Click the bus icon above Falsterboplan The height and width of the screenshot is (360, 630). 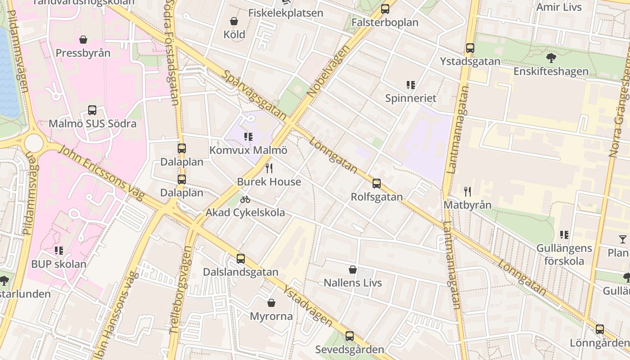(385, 9)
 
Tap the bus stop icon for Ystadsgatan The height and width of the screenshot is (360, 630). (470, 48)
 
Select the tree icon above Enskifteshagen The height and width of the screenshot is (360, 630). (551, 58)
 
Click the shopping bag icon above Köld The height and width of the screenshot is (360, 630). (234, 21)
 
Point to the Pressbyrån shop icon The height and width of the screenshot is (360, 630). (83, 40)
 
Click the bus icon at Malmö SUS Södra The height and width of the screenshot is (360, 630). (92, 110)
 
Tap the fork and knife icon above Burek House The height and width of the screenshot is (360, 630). (269, 168)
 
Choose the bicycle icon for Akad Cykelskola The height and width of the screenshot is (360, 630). (245, 199)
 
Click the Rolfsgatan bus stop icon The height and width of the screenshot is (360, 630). (377, 184)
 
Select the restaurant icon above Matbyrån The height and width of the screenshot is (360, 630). (468, 192)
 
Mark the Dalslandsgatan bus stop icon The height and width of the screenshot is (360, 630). (241, 259)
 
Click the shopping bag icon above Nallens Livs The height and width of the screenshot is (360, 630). (353, 270)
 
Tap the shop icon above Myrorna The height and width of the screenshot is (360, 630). (271, 303)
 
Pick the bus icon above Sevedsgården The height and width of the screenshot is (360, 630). (350, 336)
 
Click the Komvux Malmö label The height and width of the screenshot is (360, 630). (248, 150)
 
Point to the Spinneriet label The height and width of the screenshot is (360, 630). (410, 98)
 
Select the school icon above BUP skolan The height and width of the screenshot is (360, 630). (59, 250)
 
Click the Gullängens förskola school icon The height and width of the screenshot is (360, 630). (564, 235)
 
